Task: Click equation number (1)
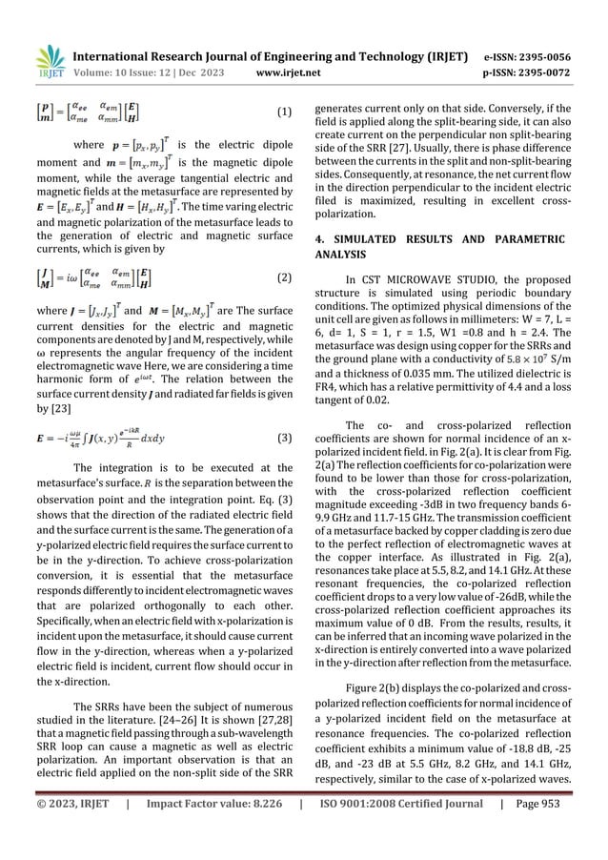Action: point(283,112)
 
